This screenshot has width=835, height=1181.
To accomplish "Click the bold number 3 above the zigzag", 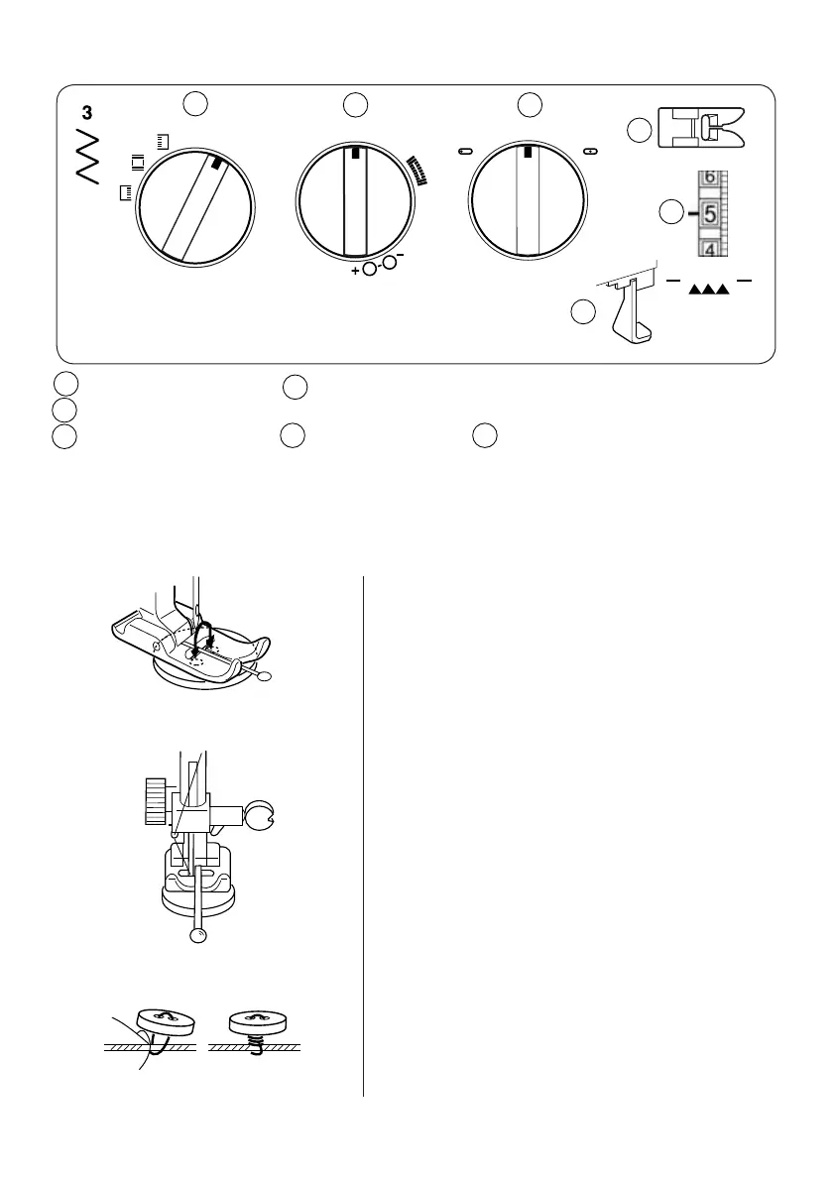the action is point(87,111).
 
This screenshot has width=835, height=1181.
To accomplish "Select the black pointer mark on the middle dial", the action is point(355,154).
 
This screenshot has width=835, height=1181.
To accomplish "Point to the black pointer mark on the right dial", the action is point(529,152).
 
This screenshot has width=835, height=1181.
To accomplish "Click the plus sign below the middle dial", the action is point(355,270).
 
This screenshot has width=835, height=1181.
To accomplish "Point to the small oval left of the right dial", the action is point(464,152).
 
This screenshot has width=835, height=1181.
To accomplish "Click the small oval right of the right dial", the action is point(591,152).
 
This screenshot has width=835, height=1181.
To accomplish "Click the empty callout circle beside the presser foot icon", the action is point(641,130).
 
